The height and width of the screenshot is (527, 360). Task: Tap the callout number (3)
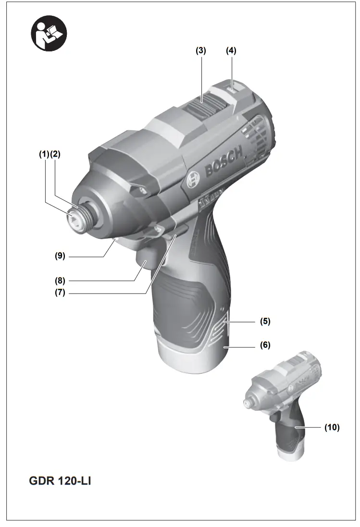[200, 51]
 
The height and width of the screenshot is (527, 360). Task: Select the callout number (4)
[231, 51]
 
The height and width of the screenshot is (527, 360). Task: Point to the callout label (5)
[264, 321]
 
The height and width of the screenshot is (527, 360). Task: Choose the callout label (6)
[264, 344]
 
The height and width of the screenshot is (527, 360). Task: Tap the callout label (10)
[332, 427]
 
